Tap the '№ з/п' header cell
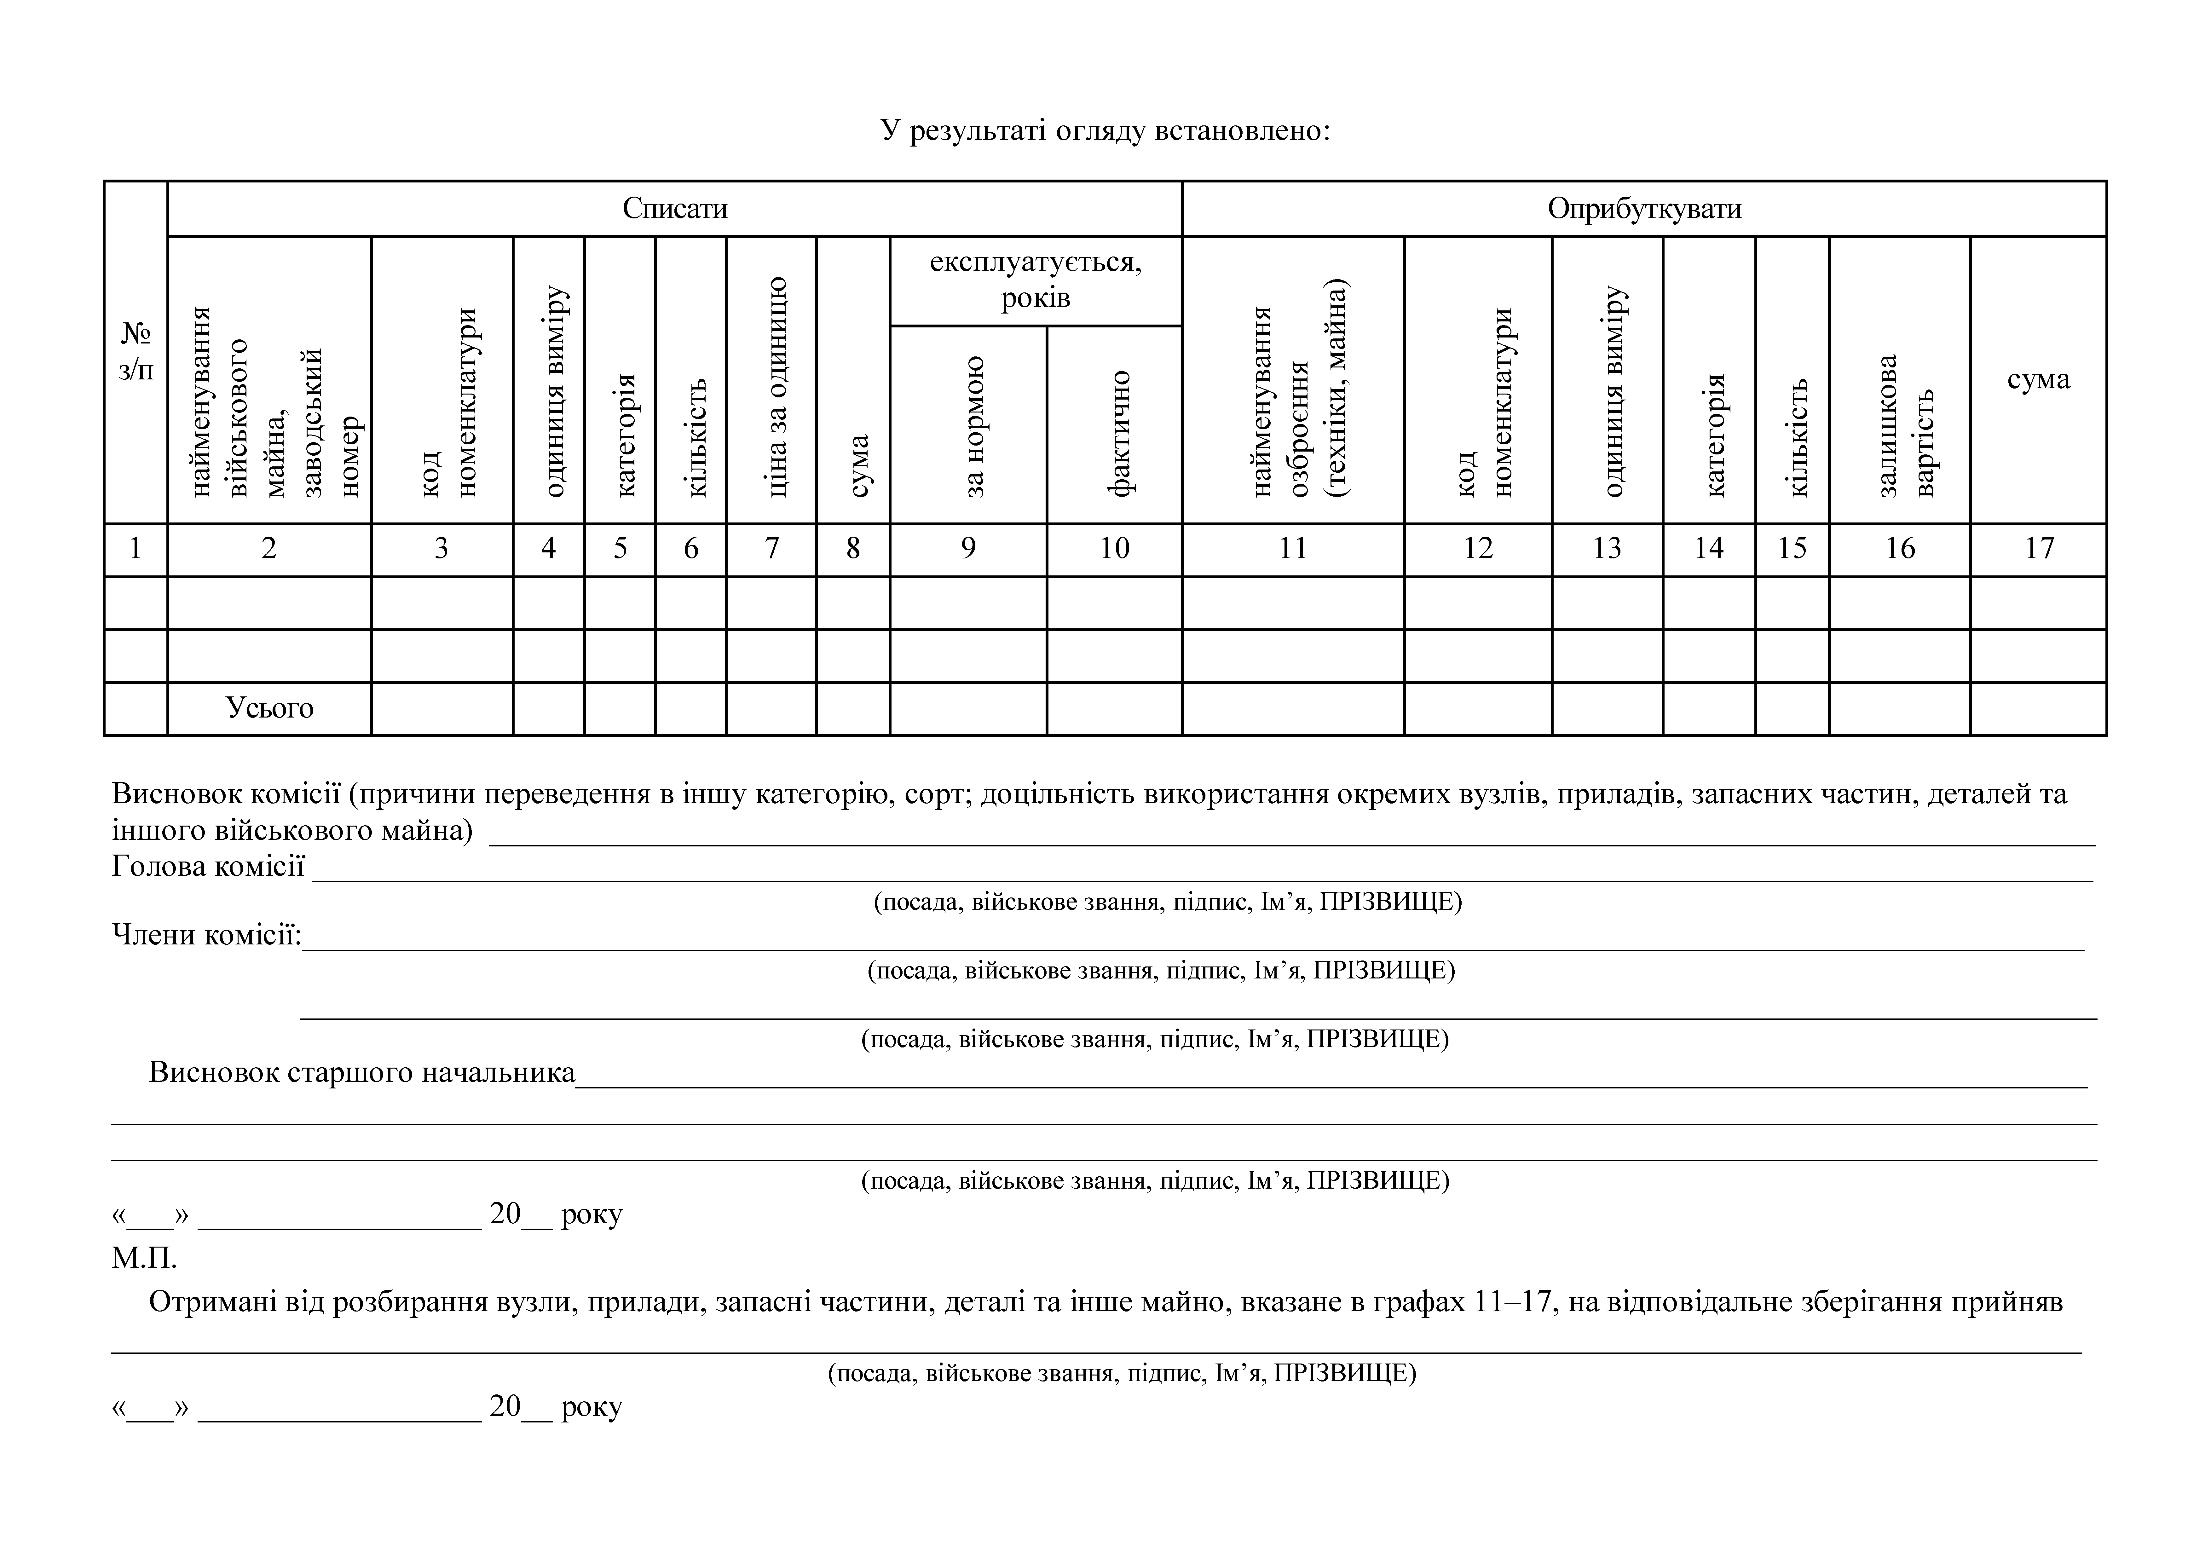click(x=136, y=353)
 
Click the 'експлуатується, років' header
click(x=1035, y=279)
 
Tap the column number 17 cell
click(x=2039, y=549)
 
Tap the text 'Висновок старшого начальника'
click(x=362, y=1073)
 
